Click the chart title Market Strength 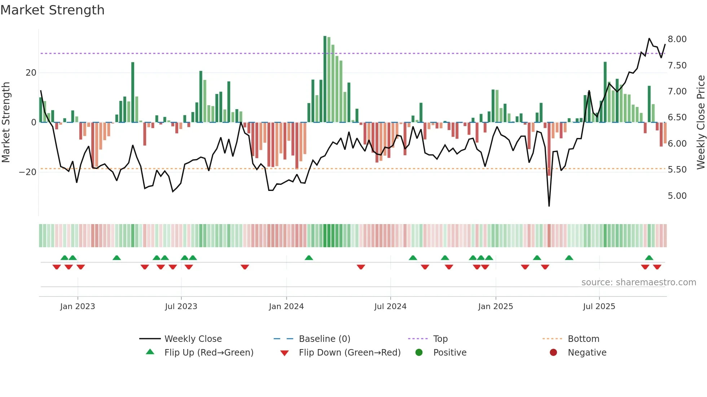[52, 10]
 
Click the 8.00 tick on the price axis [677, 39]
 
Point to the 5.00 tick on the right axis [677, 196]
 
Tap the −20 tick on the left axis [28, 172]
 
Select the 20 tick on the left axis [31, 73]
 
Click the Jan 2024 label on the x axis [286, 307]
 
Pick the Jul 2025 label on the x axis [599, 307]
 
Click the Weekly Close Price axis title [701, 122]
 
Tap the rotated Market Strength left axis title [6, 122]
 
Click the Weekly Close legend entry [193, 339]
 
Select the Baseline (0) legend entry [324, 339]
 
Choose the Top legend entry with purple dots [440, 339]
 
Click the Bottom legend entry [583, 339]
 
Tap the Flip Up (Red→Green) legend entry [208, 353]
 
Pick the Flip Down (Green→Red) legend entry [349, 353]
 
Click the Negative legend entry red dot [553, 353]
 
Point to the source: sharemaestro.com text [638, 282]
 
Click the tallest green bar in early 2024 [325, 79]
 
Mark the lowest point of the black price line [549, 206]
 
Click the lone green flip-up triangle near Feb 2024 [309, 258]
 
